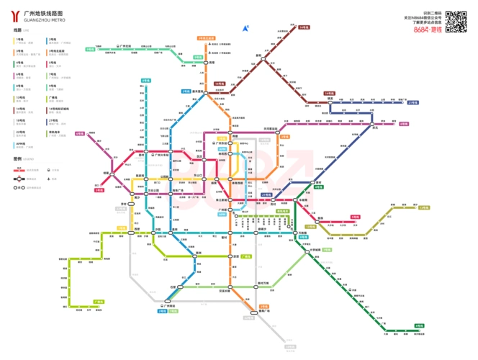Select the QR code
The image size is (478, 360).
(456, 21)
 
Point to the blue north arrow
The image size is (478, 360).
(245, 29)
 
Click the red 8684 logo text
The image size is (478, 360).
(420, 30)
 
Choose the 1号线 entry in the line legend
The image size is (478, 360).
(19, 40)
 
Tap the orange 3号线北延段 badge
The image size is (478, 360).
(207, 37)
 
